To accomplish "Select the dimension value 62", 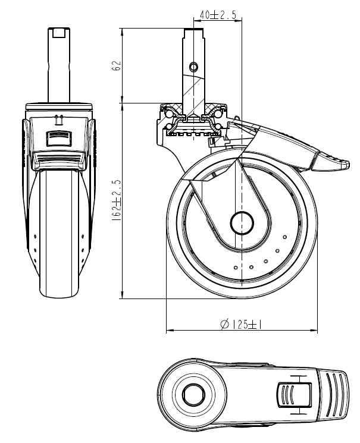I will pyautogui.click(x=117, y=66).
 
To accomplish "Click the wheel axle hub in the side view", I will pyautogui.click(x=242, y=222).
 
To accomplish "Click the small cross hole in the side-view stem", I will pyautogui.click(x=193, y=64).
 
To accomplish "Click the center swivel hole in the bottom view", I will pyautogui.click(x=193, y=393).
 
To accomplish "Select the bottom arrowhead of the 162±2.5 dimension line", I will pyautogui.click(x=123, y=297).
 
